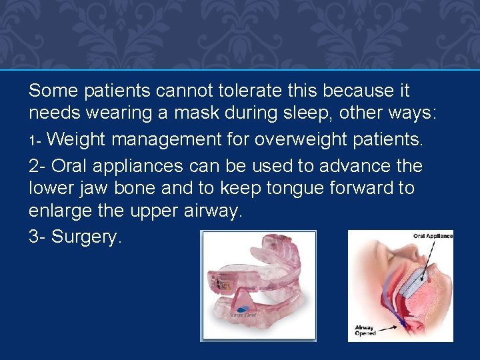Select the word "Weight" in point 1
coord(77,140)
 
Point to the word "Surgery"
coord(87,237)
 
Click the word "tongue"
coord(294,189)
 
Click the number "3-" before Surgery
coord(37,237)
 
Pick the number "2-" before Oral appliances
coord(37,165)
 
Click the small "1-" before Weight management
coord(35,141)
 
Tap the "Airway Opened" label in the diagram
coord(365,331)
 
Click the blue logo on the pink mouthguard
coord(241,311)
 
